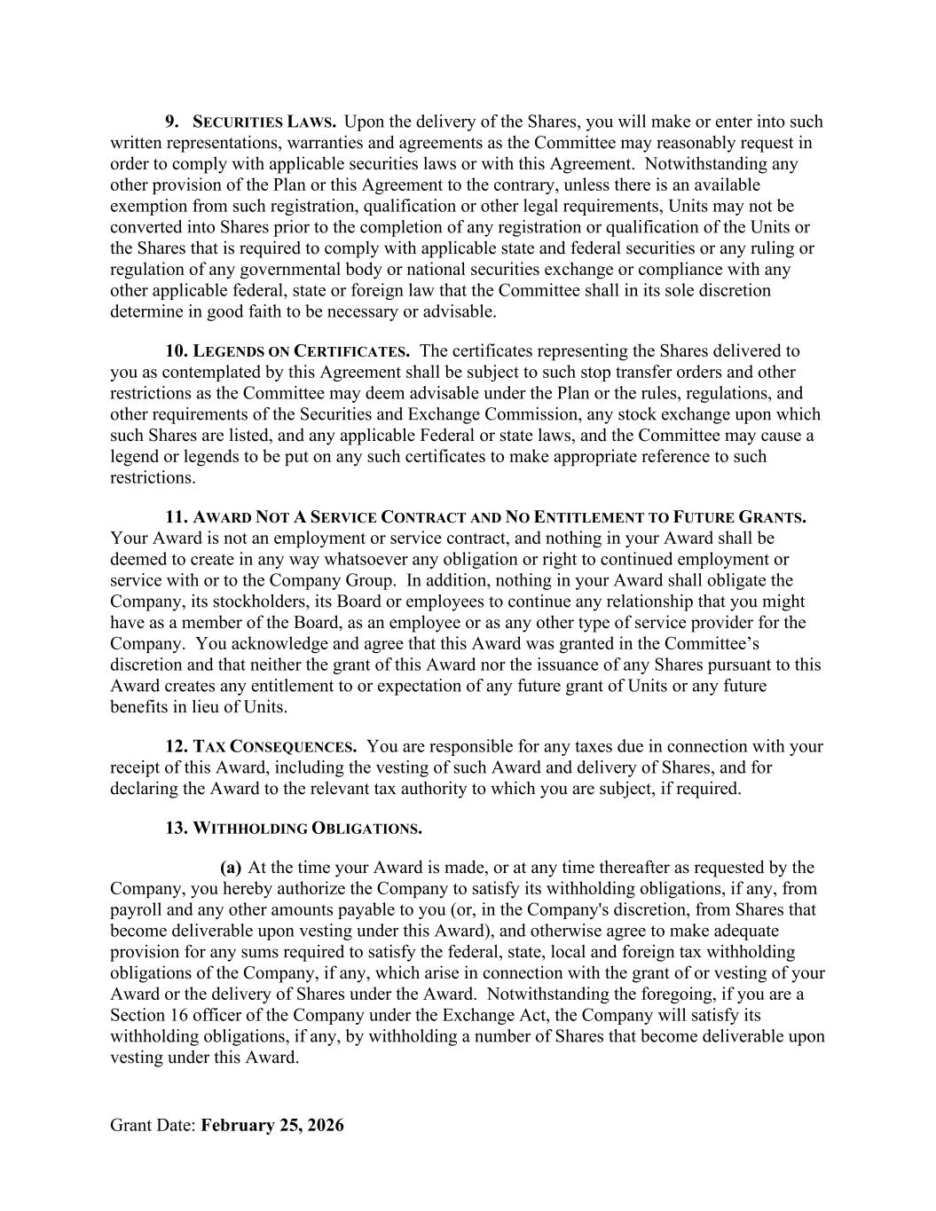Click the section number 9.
tap(172, 122)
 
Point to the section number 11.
tap(176, 517)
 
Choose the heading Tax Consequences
tap(275, 747)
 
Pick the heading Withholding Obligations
tap(307, 829)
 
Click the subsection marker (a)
tap(231, 868)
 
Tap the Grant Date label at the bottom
tap(153, 1126)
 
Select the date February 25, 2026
tap(272, 1126)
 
